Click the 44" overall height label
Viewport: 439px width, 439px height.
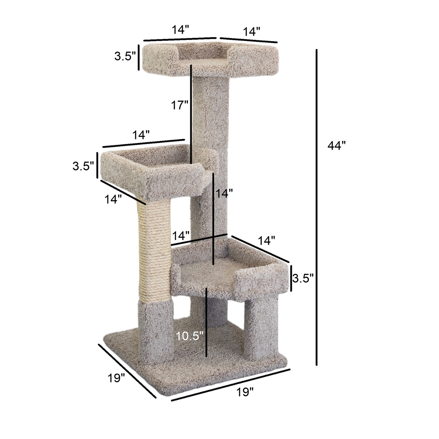click(x=336, y=146)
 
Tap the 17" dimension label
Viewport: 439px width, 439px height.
click(x=180, y=105)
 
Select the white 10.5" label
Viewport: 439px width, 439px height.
click(x=189, y=336)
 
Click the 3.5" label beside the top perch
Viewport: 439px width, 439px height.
click(x=125, y=56)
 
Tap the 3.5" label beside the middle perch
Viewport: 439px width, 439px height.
click(x=83, y=166)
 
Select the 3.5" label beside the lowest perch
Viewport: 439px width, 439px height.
click(x=303, y=278)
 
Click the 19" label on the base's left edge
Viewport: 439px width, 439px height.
click(x=116, y=378)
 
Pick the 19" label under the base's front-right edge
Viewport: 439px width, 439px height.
click(x=245, y=392)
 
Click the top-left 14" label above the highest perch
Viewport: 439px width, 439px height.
click(x=180, y=30)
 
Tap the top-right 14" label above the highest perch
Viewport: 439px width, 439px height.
click(x=251, y=32)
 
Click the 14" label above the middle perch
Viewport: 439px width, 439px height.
click(x=141, y=135)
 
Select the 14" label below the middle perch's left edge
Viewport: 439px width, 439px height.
click(x=113, y=199)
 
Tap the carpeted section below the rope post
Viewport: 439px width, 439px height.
click(x=156, y=331)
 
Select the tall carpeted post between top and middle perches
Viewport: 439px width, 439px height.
click(x=211, y=114)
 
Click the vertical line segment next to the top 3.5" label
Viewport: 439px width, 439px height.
click(x=138, y=58)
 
